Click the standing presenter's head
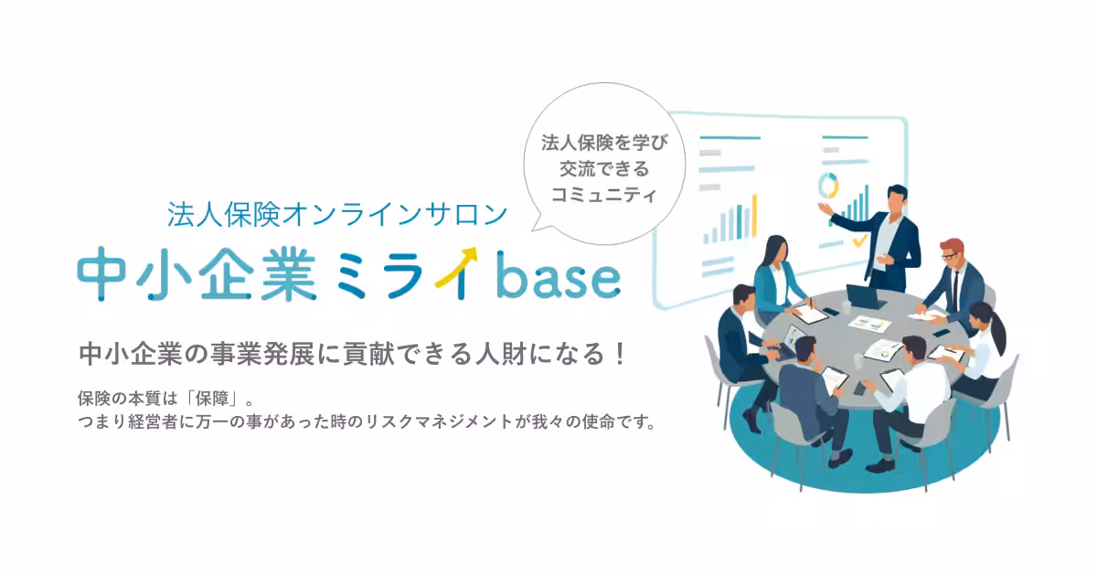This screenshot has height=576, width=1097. click(897, 198)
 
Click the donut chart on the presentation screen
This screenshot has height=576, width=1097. click(829, 186)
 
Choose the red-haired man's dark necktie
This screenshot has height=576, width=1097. click(953, 292)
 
